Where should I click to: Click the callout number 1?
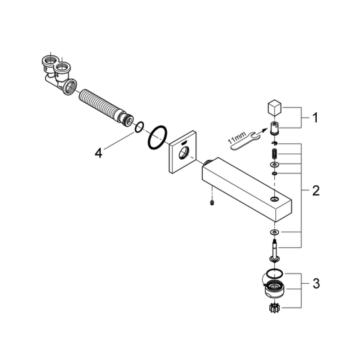click(315, 118)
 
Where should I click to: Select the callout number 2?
click(316, 190)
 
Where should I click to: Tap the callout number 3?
click(316, 284)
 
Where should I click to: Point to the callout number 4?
click(98, 153)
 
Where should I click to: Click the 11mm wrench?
click(244, 141)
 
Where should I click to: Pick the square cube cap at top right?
click(275, 107)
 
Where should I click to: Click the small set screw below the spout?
click(212, 203)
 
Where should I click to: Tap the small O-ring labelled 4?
click(139, 127)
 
